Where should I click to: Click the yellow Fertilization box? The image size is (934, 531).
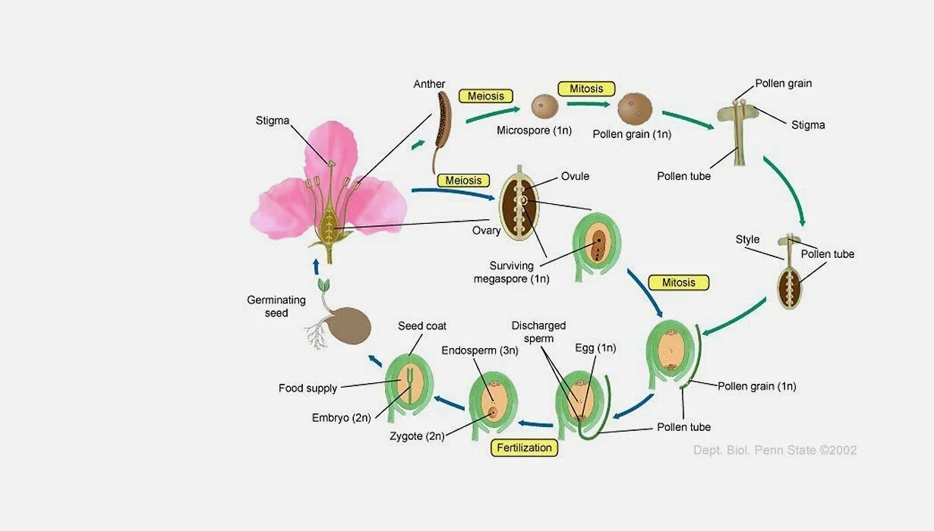click(524, 448)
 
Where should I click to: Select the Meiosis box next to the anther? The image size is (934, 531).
click(485, 96)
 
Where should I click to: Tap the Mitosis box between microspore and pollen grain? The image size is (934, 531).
click(586, 89)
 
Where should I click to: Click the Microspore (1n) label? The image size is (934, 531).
click(534, 130)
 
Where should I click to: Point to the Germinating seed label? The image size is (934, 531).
click(276, 306)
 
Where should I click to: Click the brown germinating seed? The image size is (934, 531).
click(349, 326)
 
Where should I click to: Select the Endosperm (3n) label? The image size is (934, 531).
click(480, 350)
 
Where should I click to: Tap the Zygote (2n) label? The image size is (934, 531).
click(417, 436)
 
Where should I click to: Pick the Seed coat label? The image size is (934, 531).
click(422, 326)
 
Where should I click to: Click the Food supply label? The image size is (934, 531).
click(308, 388)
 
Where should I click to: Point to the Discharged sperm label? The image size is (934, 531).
click(538, 332)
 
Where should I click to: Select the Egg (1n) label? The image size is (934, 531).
click(595, 348)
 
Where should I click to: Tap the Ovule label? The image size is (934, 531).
click(575, 177)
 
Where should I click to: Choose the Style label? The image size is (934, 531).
click(747, 240)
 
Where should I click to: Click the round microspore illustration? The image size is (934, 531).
click(544, 106)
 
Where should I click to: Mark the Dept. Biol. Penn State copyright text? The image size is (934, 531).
click(775, 450)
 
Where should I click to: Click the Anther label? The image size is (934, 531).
click(429, 84)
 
